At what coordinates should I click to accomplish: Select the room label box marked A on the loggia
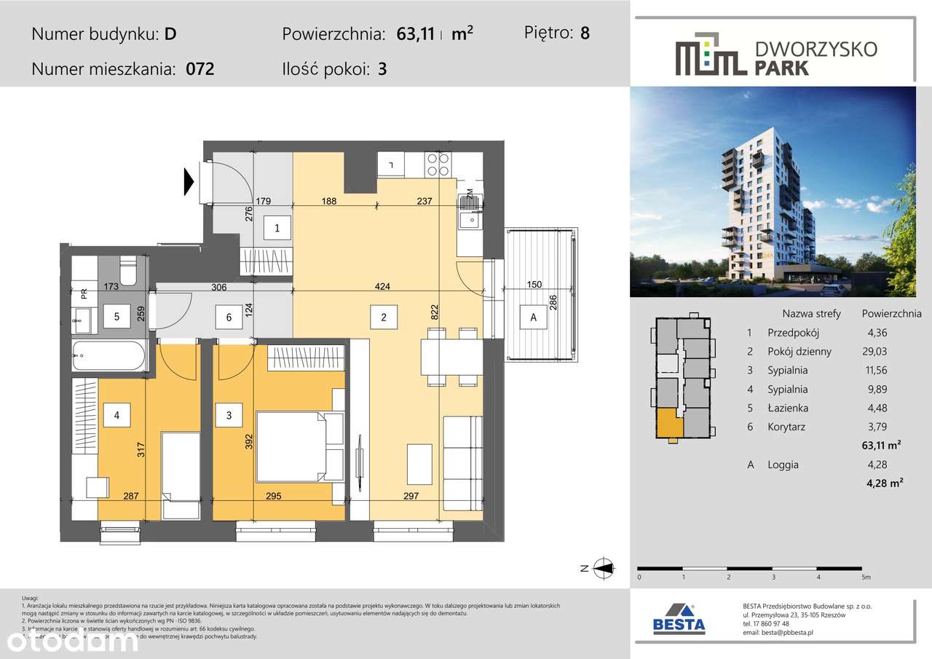tap(533, 317)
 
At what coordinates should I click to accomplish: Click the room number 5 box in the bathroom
tap(116, 317)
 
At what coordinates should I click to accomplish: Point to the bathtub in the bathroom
tap(109, 357)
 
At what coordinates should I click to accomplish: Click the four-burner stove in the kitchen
tap(437, 165)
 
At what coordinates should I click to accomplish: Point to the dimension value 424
tap(383, 286)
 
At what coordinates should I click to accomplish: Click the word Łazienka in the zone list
tap(788, 409)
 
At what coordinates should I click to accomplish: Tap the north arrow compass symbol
tap(603, 569)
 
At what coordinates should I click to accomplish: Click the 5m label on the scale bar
tap(865, 577)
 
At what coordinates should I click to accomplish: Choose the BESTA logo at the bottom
tap(678, 619)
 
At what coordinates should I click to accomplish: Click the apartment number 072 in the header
tap(200, 70)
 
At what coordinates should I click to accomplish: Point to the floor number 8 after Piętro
tap(585, 33)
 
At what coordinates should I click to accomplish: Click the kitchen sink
tap(469, 219)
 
